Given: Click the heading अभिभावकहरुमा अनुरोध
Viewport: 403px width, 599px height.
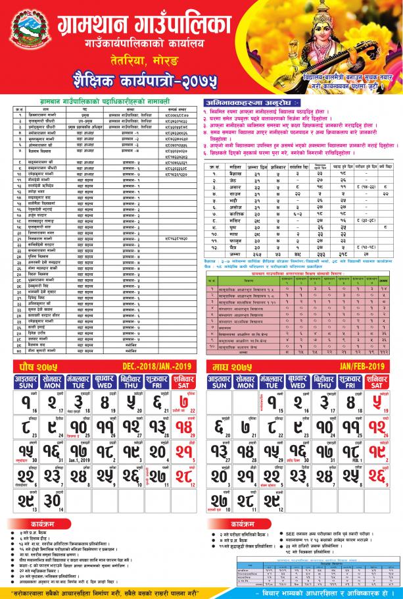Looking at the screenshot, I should pyautogui.click(x=254, y=103).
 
